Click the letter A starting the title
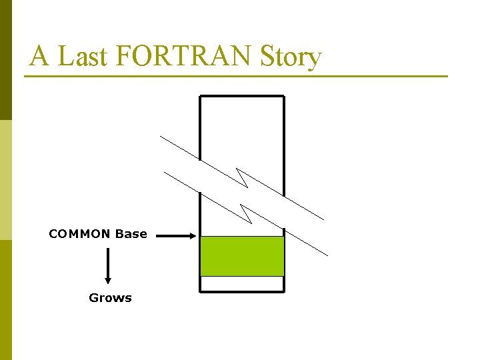pos(39,57)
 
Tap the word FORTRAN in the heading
pos(184,57)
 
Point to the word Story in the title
pos(291,57)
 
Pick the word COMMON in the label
pos(79,234)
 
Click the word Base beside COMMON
pos(131,234)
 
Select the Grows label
pos(110,298)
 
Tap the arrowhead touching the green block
pos(193,235)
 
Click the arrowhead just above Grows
pos(108,281)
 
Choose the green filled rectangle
pos(242,256)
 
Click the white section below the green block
pos(242,284)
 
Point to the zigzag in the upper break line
pos(242,178)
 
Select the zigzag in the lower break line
pos(246,214)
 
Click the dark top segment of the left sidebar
pos(5,60)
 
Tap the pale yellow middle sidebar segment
pos(5,180)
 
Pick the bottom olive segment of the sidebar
pos(5,300)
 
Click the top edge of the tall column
pos(242,97)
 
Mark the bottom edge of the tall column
pos(242,291)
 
